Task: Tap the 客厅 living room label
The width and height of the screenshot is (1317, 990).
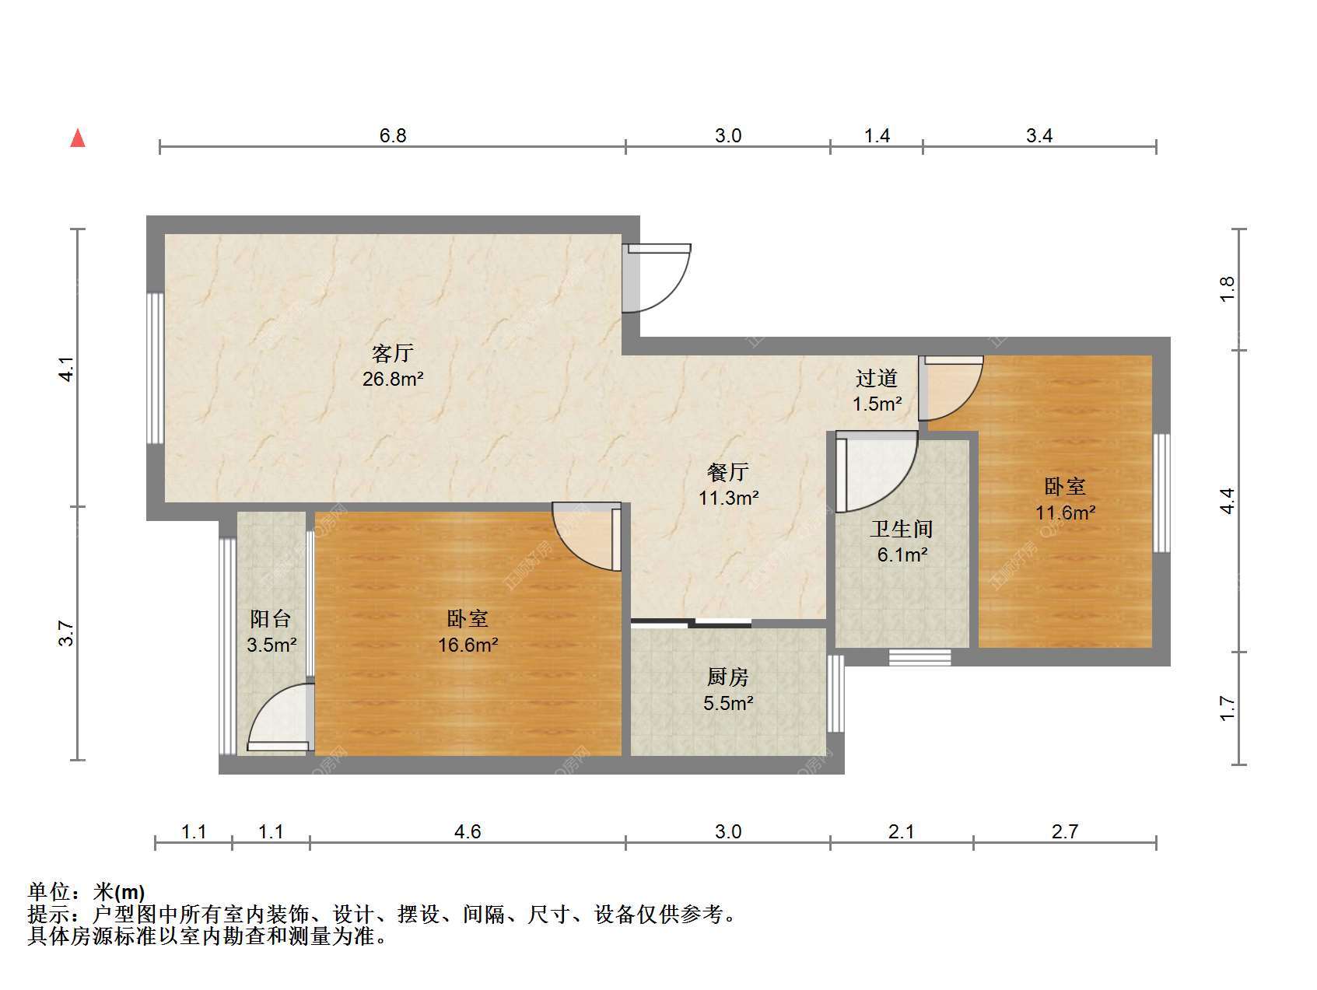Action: click(393, 354)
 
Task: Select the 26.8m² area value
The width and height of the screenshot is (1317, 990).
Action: click(393, 380)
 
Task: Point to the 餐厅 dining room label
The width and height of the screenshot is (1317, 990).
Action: click(728, 472)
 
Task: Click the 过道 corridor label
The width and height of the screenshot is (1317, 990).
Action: click(877, 379)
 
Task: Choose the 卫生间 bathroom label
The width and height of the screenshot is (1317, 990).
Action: click(902, 530)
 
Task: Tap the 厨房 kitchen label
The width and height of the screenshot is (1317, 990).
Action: click(728, 677)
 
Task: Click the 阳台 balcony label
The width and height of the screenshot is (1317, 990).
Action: click(271, 619)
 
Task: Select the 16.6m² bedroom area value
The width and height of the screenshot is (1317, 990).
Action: click(468, 645)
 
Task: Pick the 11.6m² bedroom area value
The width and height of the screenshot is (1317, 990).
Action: click(1065, 512)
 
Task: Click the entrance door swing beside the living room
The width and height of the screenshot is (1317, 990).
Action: click(658, 278)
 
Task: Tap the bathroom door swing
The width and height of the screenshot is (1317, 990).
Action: click(877, 473)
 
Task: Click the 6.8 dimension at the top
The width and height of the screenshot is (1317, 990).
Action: click(393, 136)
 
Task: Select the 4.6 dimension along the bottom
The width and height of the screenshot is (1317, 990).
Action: click(468, 832)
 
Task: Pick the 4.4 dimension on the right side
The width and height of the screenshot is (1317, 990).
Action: click(1228, 500)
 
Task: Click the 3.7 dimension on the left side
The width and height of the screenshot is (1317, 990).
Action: click(68, 633)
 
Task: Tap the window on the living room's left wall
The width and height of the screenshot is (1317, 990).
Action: click(156, 369)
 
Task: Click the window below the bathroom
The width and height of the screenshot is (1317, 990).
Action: click(919, 657)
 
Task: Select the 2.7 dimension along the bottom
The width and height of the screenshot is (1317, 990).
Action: click(1065, 832)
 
